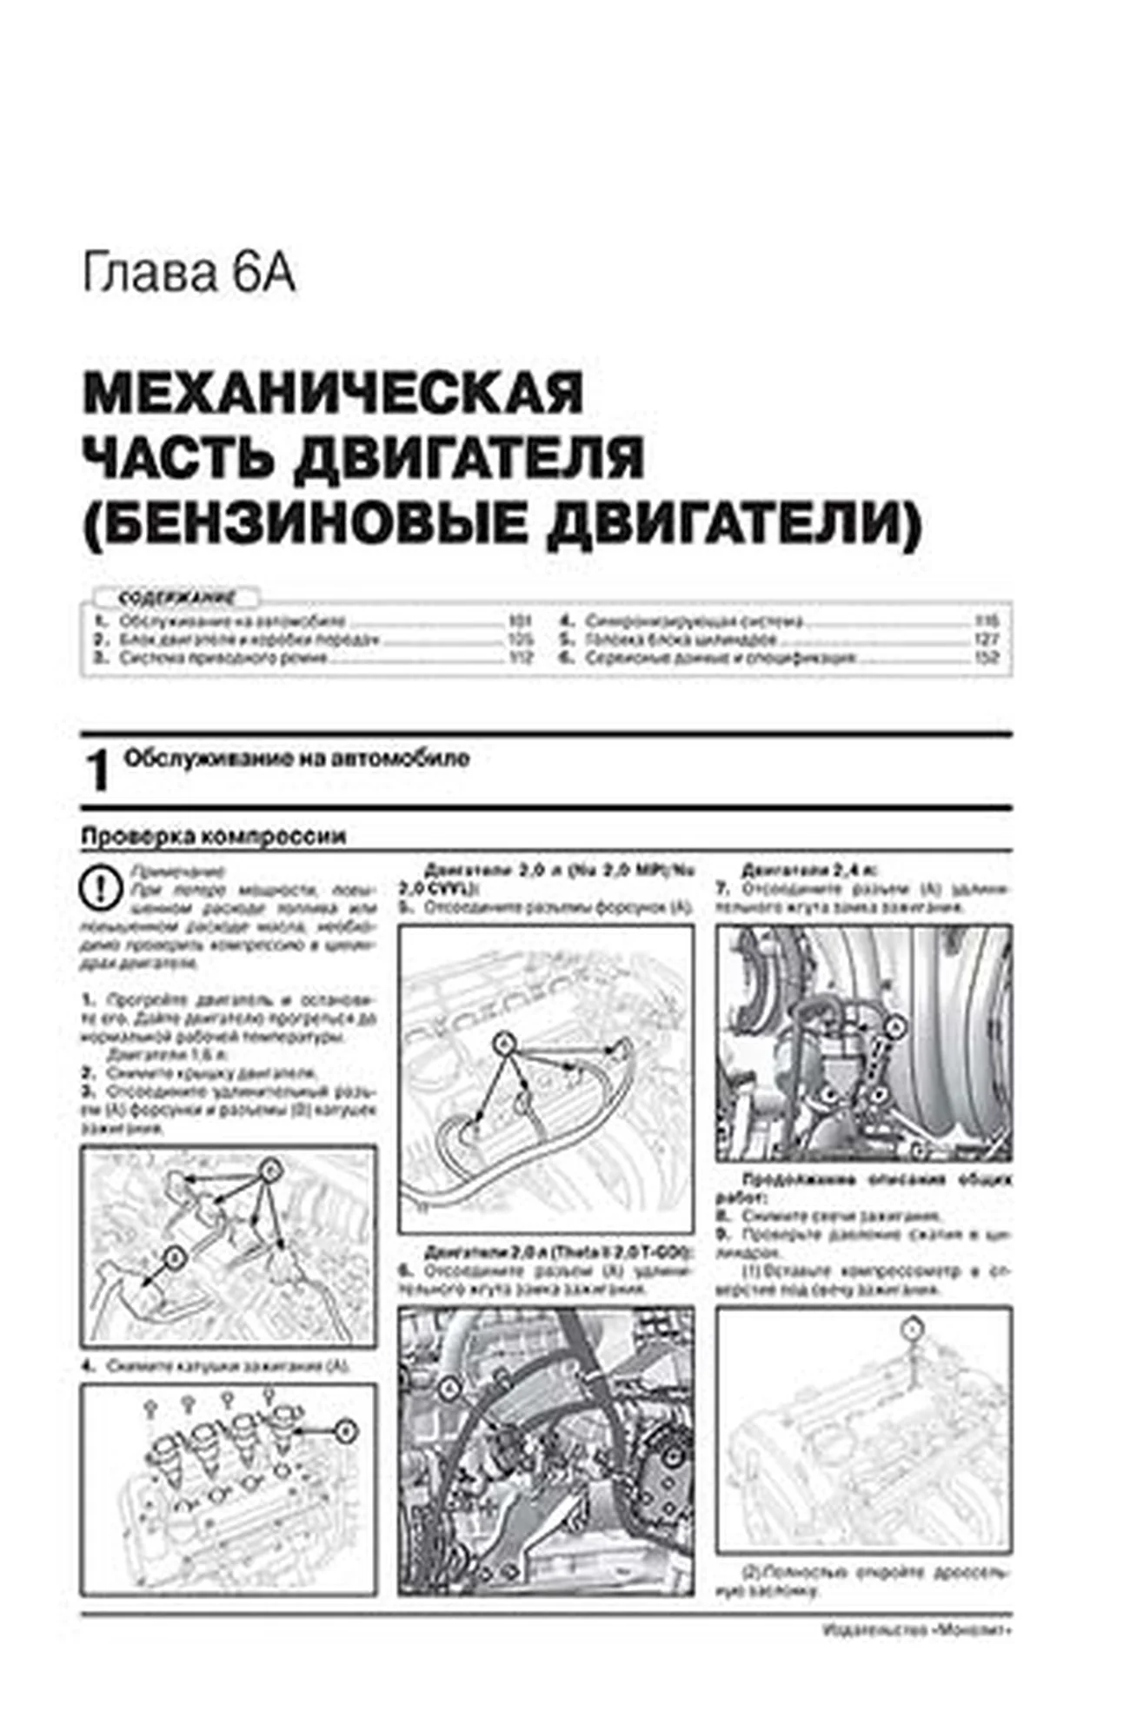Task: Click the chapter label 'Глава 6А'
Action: coord(189,275)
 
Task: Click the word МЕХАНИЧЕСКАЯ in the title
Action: coord(333,394)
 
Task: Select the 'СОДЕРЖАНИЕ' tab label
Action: coord(176,598)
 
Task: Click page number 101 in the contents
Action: coord(519,621)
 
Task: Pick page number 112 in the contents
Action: coord(519,658)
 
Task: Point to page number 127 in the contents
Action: coord(987,640)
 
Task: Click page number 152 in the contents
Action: coord(987,658)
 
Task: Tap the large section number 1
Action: coord(98,772)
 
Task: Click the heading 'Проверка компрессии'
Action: coord(213,836)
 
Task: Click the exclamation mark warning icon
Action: coord(100,888)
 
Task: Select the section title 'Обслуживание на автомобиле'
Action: coord(296,759)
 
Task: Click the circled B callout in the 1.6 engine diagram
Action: coord(175,1257)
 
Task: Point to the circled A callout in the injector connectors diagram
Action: coord(502,1043)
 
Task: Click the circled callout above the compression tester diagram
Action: coord(911,1329)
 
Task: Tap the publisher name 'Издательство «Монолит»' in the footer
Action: coord(916,1631)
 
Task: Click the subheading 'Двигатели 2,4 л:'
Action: coord(808,869)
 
